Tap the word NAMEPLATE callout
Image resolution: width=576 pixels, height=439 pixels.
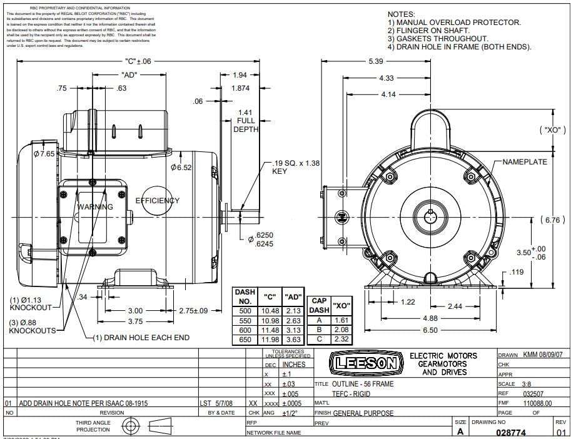click(x=525, y=162)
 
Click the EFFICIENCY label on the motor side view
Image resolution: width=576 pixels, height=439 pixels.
click(x=158, y=201)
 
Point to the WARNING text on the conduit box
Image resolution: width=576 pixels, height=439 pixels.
click(x=95, y=207)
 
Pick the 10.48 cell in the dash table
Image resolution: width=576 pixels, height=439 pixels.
click(x=270, y=311)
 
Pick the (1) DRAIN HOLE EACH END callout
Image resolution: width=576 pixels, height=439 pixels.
click(x=141, y=338)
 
